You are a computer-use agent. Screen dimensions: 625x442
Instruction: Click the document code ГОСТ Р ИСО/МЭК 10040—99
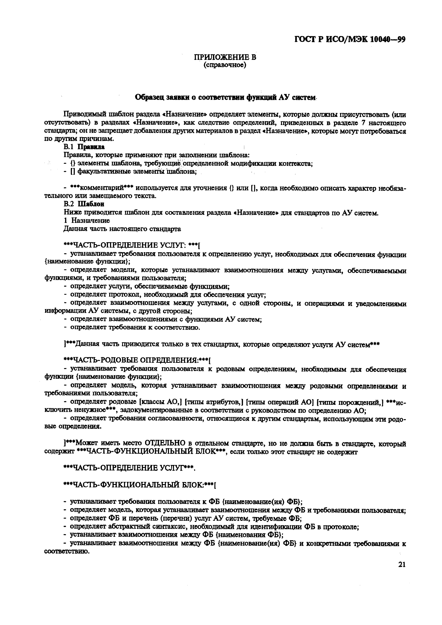(x=350, y=39)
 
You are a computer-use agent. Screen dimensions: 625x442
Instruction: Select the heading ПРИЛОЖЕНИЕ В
(x=225, y=57)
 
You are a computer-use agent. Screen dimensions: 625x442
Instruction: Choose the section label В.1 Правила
(x=84, y=147)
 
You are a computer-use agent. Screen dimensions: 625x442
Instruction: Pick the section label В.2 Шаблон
(x=84, y=204)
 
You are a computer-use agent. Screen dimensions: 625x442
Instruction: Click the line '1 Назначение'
(x=87, y=221)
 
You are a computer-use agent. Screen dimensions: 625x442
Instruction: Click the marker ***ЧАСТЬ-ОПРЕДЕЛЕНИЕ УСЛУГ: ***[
(x=132, y=245)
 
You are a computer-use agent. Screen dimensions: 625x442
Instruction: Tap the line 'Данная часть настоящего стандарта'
(x=122, y=229)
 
